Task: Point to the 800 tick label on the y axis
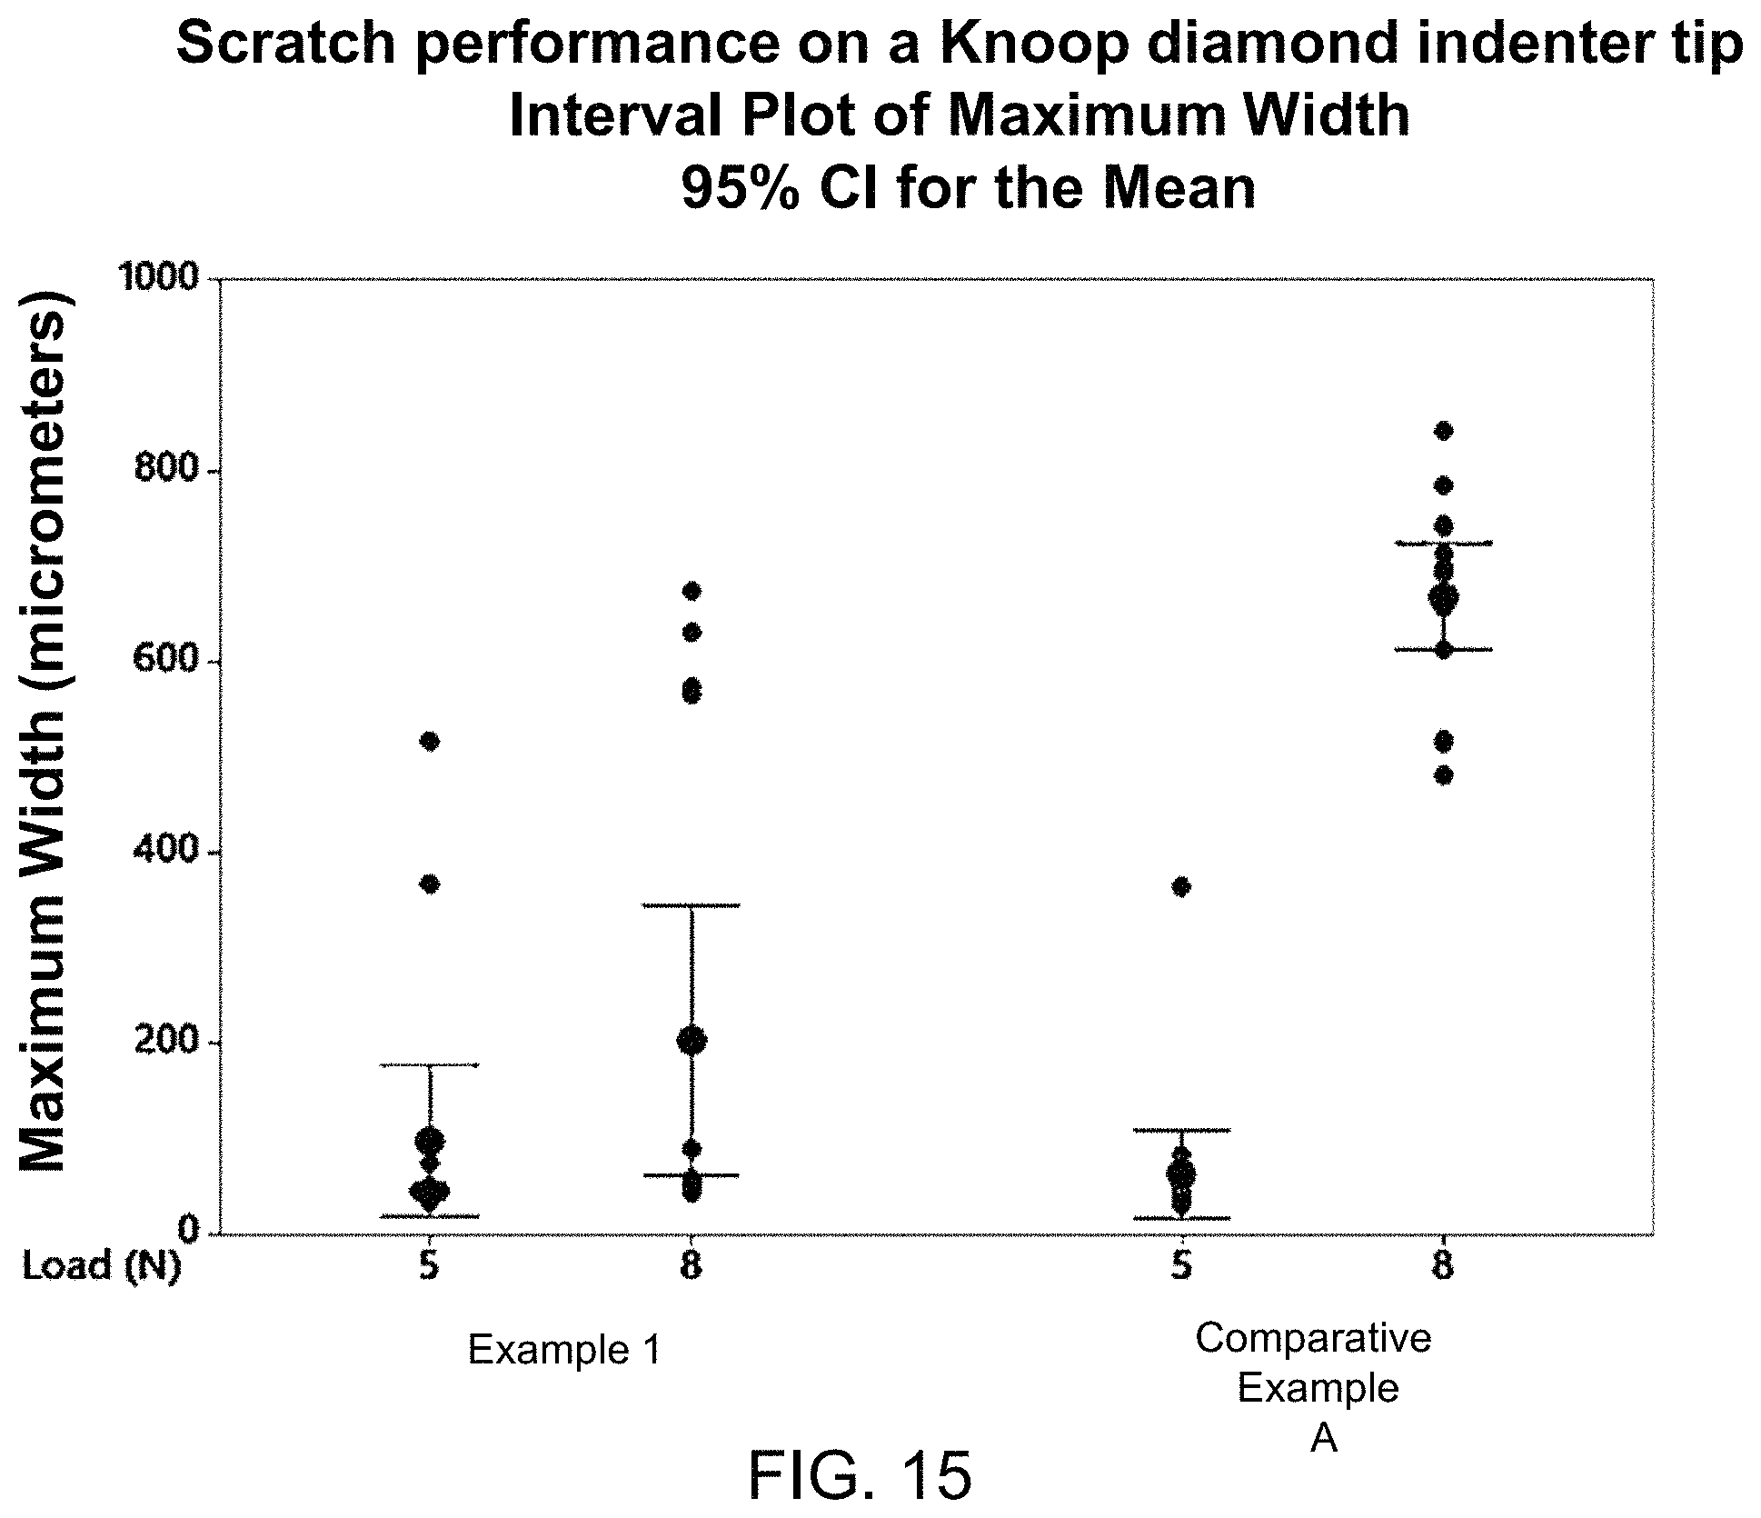[167, 470]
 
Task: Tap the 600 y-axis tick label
[167, 661]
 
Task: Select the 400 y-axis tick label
[167, 852]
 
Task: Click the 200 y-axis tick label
[167, 1043]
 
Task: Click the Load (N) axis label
[101, 1266]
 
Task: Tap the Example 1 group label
[563, 1350]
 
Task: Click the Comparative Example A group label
[1314, 1388]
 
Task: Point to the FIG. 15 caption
[861, 1475]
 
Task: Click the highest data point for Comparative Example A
[1443, 431]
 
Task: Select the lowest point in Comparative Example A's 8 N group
[1443, 775]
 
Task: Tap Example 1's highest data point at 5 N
[430, 742]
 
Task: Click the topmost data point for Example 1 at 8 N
[691, 592]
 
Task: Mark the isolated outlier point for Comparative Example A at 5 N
[1180, 887]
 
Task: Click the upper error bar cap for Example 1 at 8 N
[691, 905]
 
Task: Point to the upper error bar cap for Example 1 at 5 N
[430, 1064]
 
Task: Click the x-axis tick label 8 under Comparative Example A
[1443, 1266]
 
